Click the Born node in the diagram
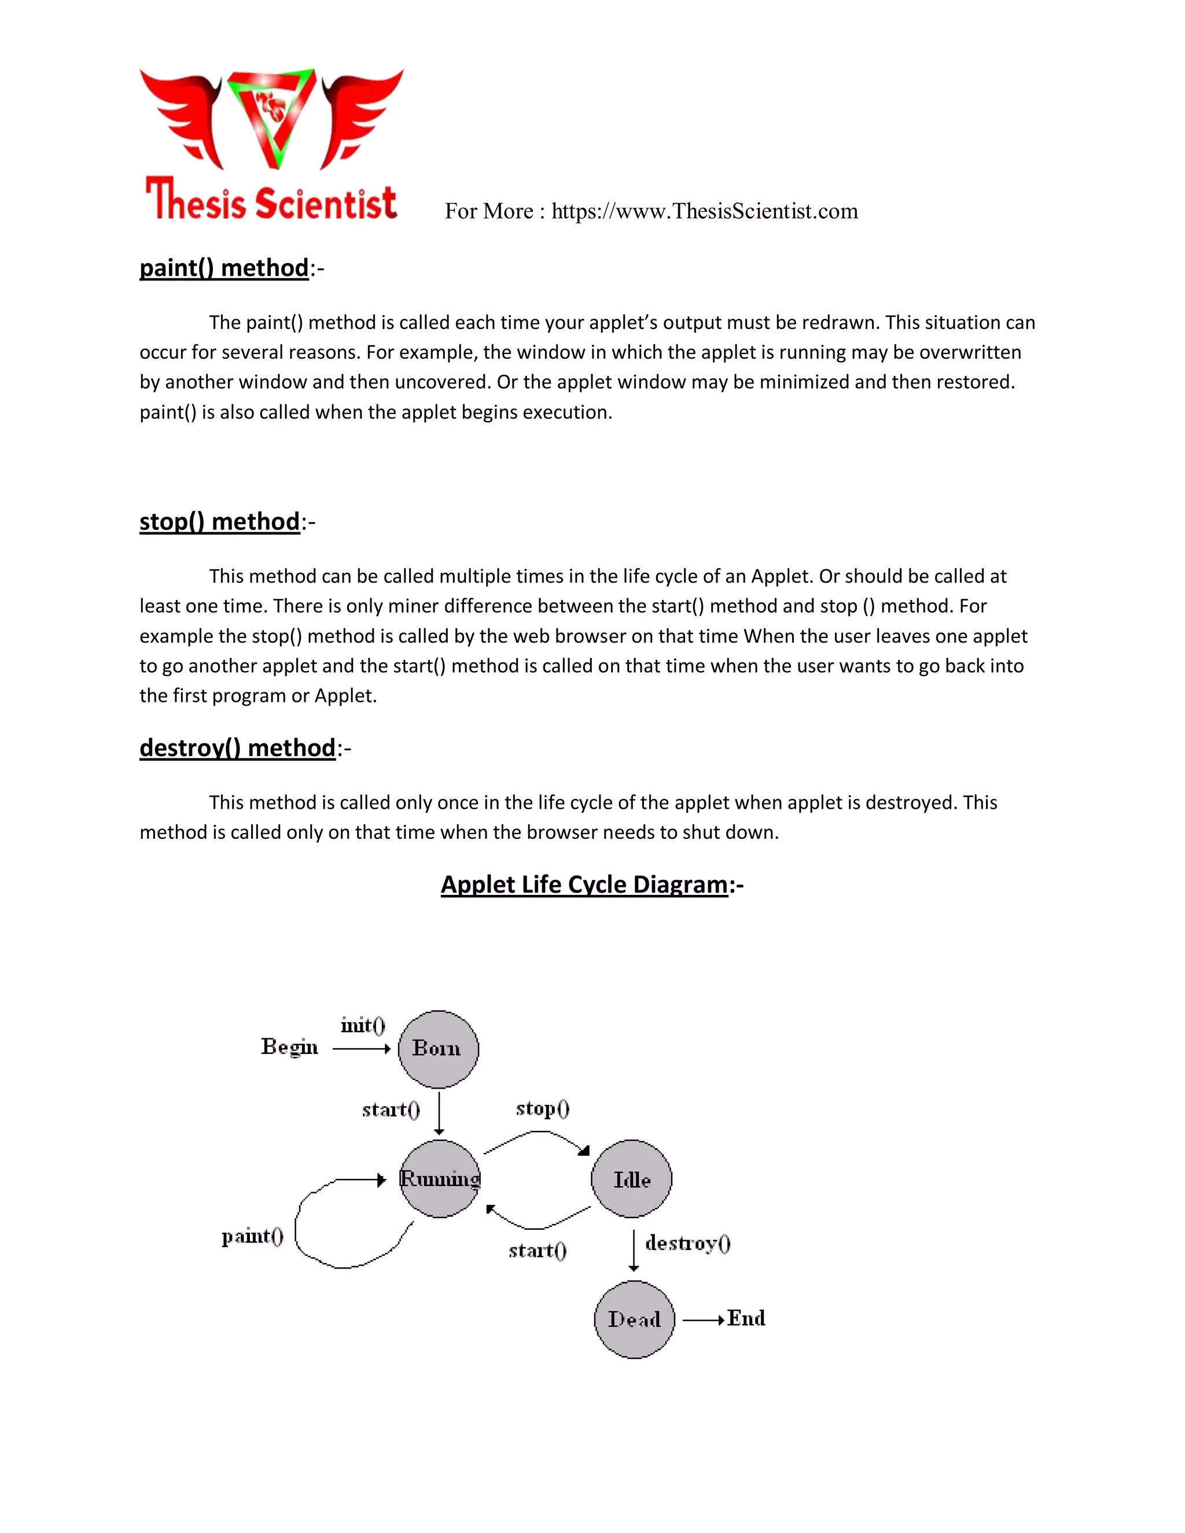438,1049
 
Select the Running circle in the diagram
440,1179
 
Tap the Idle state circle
632,1179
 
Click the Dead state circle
634,1320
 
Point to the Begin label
289,1046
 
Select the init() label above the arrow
363,1026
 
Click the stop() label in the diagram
543,1108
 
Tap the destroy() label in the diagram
688,1243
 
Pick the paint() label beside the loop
252,1236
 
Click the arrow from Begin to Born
361,1049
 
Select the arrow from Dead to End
702,1320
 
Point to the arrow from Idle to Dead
634,1250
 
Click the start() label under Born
391,1110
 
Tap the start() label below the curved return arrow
537,1250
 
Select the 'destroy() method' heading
237,747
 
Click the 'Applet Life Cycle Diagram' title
584,885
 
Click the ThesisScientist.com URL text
704,211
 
